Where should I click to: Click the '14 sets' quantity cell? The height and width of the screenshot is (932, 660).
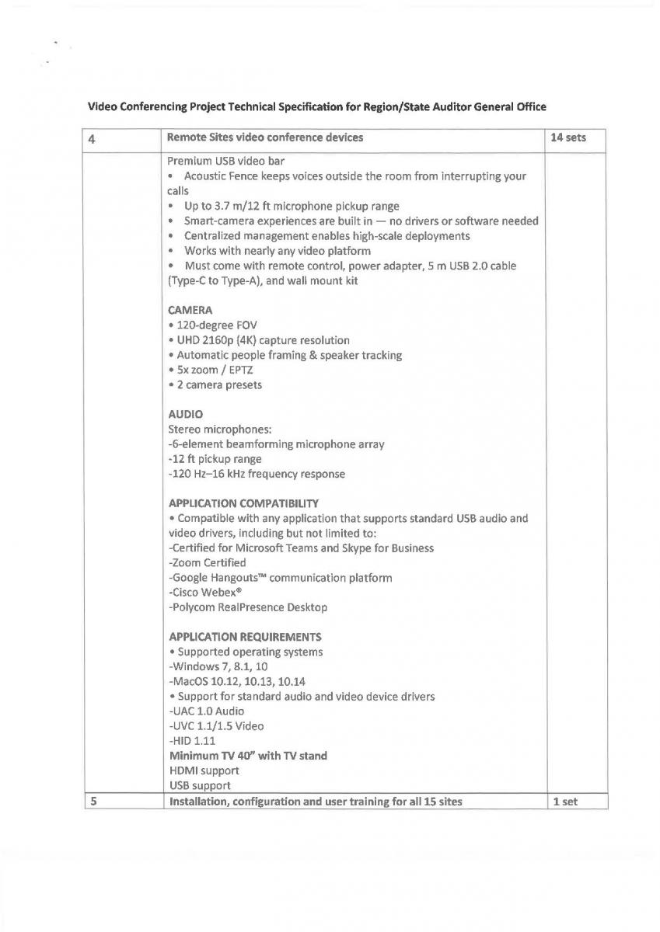[567, 138]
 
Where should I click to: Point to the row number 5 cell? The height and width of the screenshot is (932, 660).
[93, 802]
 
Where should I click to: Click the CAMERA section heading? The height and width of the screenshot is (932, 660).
[190, 310]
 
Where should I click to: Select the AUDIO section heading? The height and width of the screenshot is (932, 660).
[185, 415]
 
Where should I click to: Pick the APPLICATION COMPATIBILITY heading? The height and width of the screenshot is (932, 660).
[243, 503]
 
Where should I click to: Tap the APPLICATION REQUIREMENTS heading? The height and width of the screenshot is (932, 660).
[245, 637]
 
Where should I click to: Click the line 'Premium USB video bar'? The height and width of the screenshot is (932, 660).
[226, 162]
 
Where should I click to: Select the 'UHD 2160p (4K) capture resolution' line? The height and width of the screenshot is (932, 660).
[259, 340]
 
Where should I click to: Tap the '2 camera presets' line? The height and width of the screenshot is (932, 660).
[215, 384]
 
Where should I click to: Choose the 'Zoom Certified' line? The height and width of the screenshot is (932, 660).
[207, 562]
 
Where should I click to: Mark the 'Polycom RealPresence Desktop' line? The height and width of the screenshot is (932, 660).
[247, 607]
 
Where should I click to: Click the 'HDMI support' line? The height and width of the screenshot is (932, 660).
[204, 770]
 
